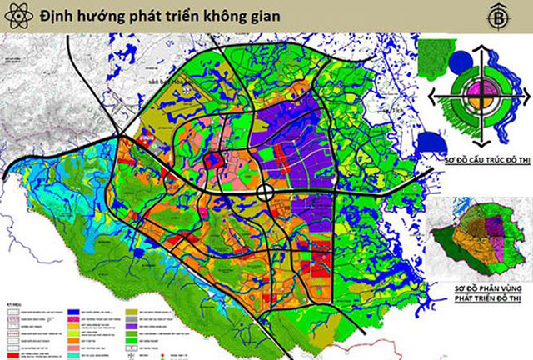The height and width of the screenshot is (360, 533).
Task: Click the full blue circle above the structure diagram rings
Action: point(458,61)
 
